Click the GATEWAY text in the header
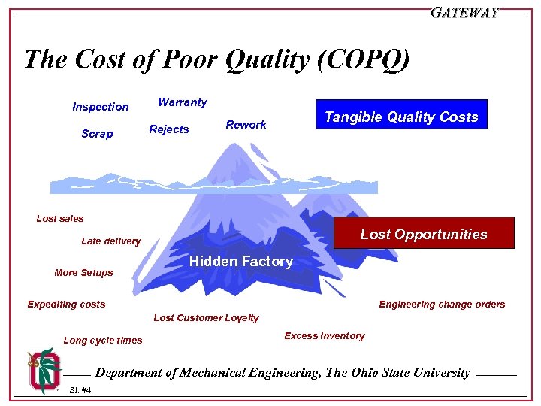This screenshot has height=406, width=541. tap(464, 13)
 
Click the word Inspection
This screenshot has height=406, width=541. tap(101, 107)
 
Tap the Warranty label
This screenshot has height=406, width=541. tap(183, 101)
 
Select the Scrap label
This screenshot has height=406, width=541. tap(97, 134)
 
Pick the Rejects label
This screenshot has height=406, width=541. tap(169, 129)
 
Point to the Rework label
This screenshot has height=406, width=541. tap(246, 125)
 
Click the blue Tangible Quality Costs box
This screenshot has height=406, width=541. tap(401, 115)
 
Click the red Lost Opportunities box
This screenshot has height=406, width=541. tap(424, 233)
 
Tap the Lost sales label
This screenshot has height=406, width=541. tap(60, 219)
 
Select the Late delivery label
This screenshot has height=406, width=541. tap(110, 241)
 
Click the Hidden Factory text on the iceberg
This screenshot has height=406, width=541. tap(241, 262)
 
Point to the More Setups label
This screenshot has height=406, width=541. tap(83, 273)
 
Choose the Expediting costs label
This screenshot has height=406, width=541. tap(66, 304)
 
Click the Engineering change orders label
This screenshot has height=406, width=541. tap(442, 304)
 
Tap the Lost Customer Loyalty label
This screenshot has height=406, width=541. tap(206, 318)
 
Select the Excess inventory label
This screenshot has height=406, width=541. tap(324, 336)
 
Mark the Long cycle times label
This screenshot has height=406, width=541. tap(102, 341)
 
